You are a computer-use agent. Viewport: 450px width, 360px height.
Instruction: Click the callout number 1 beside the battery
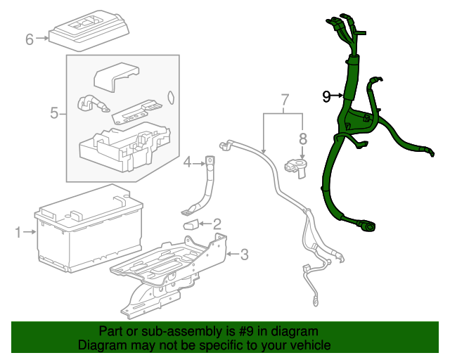(18, 232)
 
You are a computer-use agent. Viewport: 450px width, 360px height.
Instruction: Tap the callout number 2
(217, 224)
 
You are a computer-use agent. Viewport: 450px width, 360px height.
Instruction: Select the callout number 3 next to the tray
(244, 255)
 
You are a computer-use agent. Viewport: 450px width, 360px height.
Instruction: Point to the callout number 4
(188, 162)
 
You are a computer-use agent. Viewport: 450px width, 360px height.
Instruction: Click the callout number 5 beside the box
(54, 112)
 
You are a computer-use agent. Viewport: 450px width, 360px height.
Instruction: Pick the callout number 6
(30, 39)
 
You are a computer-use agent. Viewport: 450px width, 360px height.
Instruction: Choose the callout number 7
(284, 100)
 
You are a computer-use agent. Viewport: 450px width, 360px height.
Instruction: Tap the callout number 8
(303, 139)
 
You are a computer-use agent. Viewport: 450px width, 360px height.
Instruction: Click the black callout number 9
(326, 96)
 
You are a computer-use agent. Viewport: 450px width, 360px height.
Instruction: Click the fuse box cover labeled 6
(89, 32)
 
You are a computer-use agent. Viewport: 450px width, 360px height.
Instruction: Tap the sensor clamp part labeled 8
(296, 169)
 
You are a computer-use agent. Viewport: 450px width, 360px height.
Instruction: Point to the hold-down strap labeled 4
(202, 186)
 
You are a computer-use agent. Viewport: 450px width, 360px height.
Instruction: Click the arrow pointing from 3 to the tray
(233, 254)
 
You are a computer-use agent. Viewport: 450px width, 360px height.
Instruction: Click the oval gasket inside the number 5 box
(170, 97)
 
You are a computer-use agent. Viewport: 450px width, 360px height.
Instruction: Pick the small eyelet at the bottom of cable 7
(316, 302)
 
